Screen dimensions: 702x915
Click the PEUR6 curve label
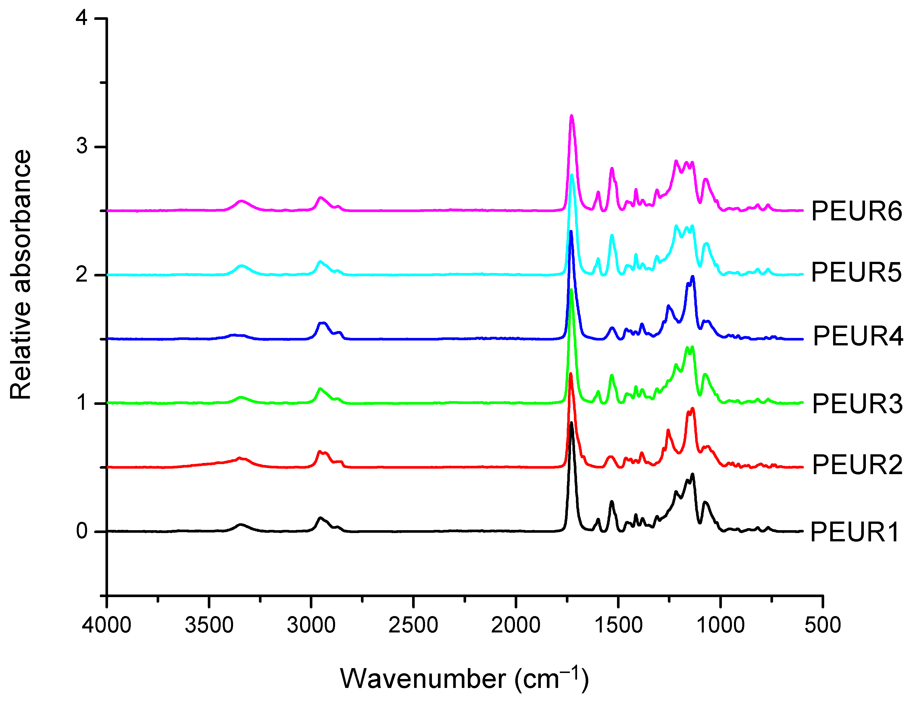(x=856, y=211)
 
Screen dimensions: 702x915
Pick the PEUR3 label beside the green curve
(x=857, y=404)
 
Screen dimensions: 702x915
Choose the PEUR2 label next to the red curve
(x=857, y=464)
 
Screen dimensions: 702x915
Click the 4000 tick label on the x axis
(x=107, y=625)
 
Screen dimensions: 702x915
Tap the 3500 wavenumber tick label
(x=209, y=625)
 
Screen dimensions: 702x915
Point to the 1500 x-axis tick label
(x=618, y=625)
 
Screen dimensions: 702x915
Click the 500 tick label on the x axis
(x=822, y=625)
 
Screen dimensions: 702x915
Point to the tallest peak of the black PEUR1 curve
(x=571, y=423)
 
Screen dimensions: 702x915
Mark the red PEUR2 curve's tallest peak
(x=570, y=374)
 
